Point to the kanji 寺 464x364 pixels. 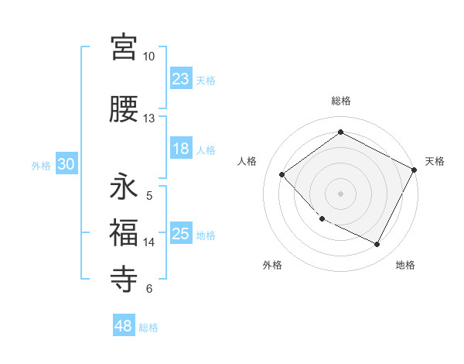tap(124, 278)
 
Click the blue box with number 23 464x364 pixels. tap(180, 79)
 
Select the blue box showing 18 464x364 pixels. tap(180, 149)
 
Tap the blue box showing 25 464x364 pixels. tap(180, 234)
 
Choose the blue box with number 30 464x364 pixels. tap(65, 165)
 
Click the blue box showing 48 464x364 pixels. tap(124, 326)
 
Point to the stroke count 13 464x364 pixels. tap(148, 118)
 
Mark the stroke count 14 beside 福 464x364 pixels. tap(148, 242)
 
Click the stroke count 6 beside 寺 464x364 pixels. tap(148, 289)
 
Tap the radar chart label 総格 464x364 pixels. tap(340, 101)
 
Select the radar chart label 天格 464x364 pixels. tap(435, 161)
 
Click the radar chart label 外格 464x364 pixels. tap(272, 265)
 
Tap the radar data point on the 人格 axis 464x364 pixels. tap(282, 175)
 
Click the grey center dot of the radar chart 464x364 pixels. tap(340, 194)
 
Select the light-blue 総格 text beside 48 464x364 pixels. tap(148, 328)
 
